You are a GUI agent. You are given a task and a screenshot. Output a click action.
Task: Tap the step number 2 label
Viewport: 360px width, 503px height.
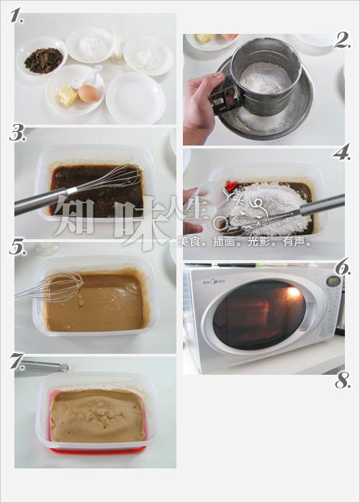click(x=342, y=40)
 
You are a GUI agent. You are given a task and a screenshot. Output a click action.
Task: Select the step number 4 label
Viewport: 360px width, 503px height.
click(x=342, y=153)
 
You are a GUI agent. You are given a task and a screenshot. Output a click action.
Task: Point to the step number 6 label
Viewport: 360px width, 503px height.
click(x=343, y=267)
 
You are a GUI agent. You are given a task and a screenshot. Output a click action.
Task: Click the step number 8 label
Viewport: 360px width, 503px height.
click(x=342, y=382)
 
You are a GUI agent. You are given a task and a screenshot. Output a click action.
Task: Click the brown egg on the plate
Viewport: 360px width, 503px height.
click(x=89, y=94)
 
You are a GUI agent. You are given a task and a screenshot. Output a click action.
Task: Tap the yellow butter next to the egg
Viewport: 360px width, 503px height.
click(x=68, y=95)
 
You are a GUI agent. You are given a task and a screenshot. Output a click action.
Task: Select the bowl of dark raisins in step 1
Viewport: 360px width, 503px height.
click(x=42, y=60)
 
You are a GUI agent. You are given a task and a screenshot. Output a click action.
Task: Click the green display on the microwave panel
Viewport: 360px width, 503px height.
click(x=333, y=281)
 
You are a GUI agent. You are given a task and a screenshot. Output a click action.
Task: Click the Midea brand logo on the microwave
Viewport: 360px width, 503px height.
click(x=213, y=275)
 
